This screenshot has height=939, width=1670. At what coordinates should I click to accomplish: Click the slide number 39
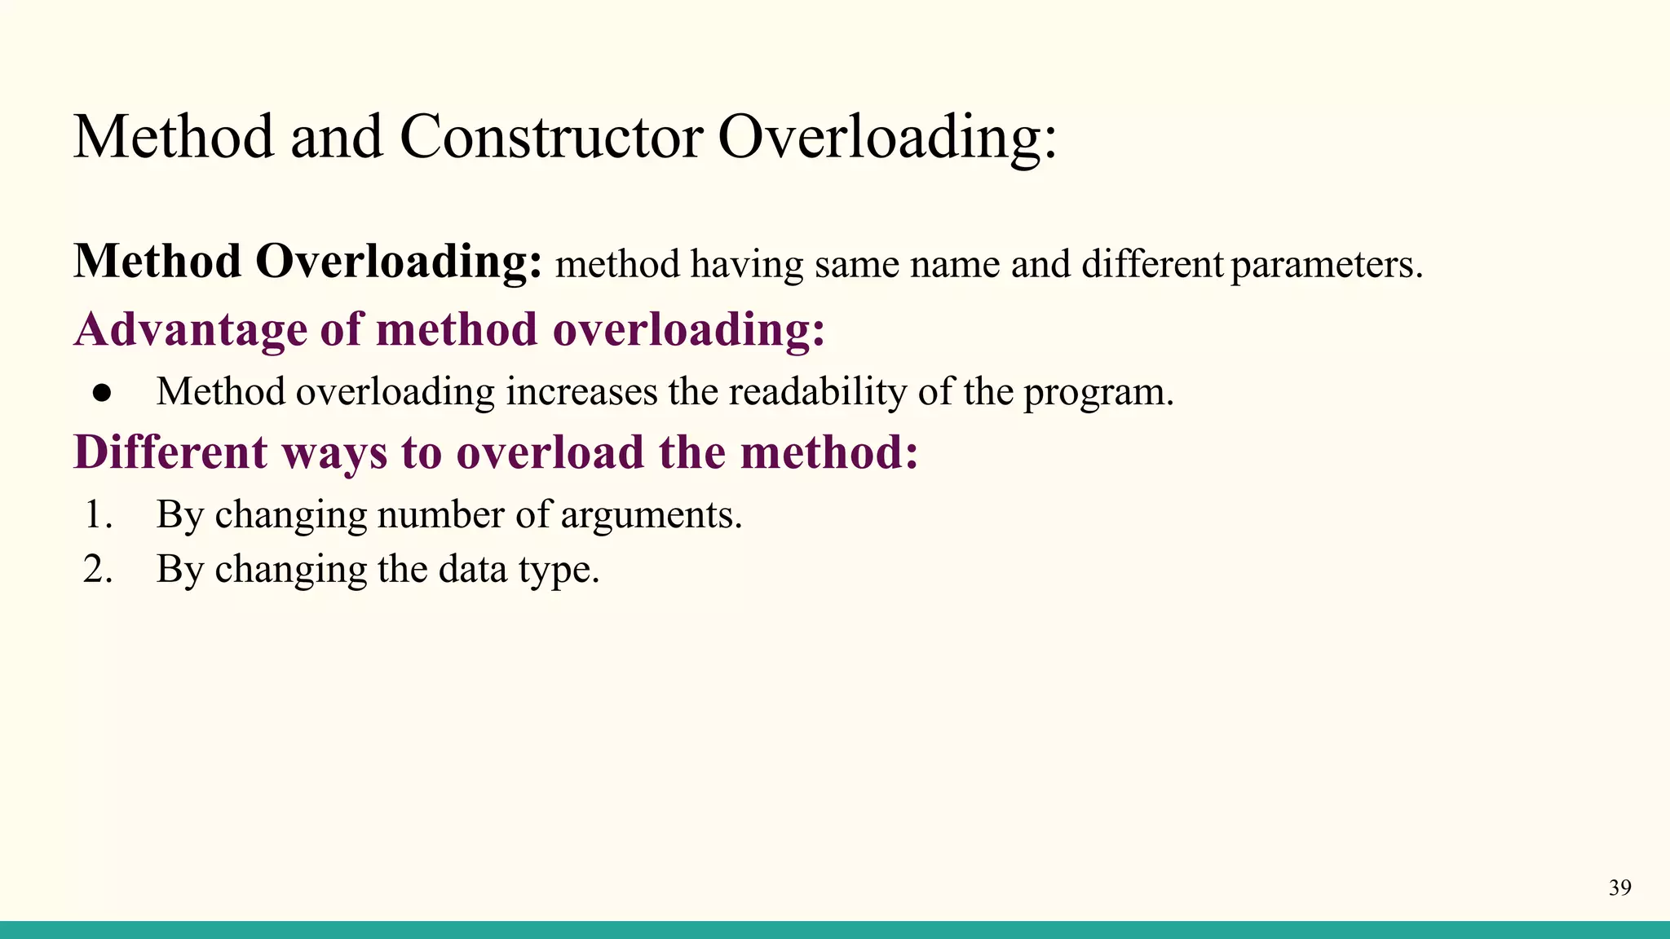click(x=1619, y=888)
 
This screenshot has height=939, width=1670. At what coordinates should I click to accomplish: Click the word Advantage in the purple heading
click(x=190, y=331)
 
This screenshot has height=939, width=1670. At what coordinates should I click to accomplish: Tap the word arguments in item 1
click(x=651, y=515)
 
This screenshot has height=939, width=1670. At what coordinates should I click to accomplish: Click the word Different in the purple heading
click(x=170, y=452)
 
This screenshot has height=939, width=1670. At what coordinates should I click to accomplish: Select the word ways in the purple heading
click(x=334, y=454)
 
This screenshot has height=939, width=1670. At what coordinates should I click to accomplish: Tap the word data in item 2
click(x=472, y=569)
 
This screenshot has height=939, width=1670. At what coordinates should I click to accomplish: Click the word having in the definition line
click(x=746, y=266)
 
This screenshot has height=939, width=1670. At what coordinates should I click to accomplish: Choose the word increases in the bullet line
click(x=581, y=392)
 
